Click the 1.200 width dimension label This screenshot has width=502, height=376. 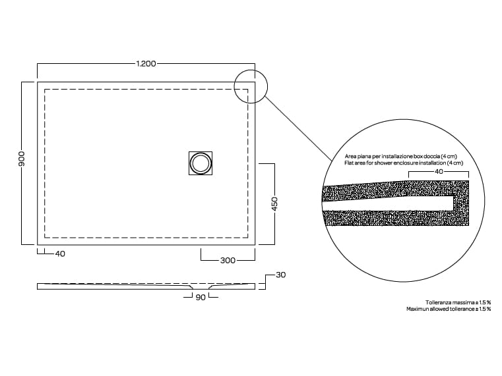point(146,64)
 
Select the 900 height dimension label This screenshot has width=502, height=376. point(22,159)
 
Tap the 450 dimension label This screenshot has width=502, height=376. point(274,204)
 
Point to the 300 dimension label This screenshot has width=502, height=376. point(228,260)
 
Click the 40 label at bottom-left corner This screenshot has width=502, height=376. point(60,254)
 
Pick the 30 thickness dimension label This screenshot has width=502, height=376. point(281,275)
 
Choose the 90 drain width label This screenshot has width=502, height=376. point(201,298)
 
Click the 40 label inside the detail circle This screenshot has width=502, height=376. point(439,172)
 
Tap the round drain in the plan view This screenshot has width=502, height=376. point(201,163)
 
